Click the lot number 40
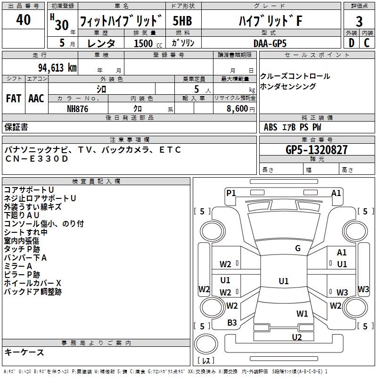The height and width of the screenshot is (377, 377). (24, 20)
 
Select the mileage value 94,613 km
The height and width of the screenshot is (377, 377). (54, 67)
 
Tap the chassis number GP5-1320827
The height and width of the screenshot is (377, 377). (317, 150)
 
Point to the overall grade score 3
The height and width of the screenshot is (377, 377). (359, 21)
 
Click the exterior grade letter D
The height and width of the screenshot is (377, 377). (351, 43)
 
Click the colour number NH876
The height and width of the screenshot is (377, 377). (78, 108)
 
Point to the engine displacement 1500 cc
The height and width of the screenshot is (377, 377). (147, 43)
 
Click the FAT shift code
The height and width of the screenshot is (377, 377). (14, 98)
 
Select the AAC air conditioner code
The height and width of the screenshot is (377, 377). (36, 98)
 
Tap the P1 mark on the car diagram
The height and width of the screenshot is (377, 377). (231, 192)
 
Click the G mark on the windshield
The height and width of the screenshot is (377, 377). (298, 248)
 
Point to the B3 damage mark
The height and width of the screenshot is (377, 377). (232, 323)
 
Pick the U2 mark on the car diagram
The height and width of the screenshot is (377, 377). (296, 337)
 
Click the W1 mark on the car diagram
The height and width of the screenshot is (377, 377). (302, 313)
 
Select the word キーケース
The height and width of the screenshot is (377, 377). (24, 352)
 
